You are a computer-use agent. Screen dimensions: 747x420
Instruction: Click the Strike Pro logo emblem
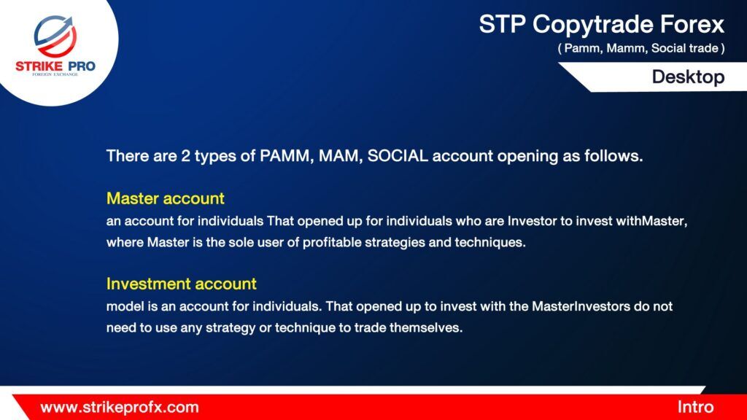55,36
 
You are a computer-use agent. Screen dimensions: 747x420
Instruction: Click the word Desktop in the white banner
688,77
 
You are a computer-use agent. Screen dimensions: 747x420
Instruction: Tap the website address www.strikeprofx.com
120,408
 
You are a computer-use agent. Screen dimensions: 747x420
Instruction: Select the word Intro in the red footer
695,407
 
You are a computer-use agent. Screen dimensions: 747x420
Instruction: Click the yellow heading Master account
166,198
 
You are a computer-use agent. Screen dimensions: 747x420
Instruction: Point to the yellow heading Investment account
182,284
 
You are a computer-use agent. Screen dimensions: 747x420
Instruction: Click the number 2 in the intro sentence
185,156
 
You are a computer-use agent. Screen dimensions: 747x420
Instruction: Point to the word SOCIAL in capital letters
398,156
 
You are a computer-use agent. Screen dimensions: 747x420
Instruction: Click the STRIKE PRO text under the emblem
55,66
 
